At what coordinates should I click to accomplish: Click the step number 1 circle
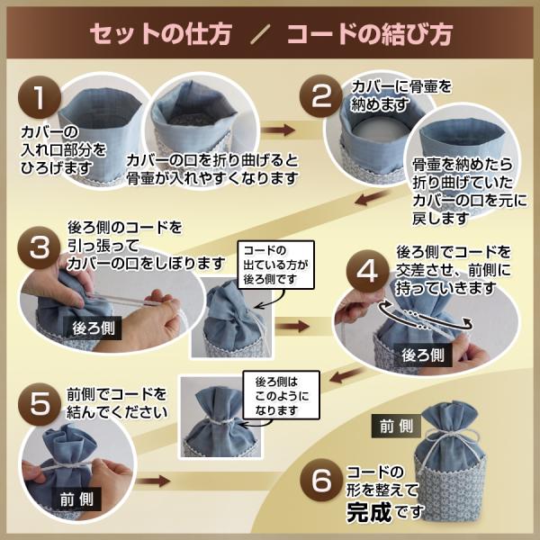pos(40,97)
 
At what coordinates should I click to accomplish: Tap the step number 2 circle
pos(320,96)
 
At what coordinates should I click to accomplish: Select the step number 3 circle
pos(40,247)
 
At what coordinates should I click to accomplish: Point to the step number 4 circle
pos(367,271)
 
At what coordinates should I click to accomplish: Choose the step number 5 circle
pos(40,403)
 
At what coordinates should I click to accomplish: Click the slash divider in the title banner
pos(261,34)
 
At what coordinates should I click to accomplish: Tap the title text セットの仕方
pos(160,34)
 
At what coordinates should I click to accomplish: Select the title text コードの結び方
pos(370,34)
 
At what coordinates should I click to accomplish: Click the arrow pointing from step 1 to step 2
pos(278,130)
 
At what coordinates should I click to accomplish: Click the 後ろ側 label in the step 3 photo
pos(93,328)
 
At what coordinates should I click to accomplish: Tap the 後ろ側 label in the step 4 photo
pos(423,355)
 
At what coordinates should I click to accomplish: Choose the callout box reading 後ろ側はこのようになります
pos(282,395)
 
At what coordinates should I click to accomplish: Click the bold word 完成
pos(369,512)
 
